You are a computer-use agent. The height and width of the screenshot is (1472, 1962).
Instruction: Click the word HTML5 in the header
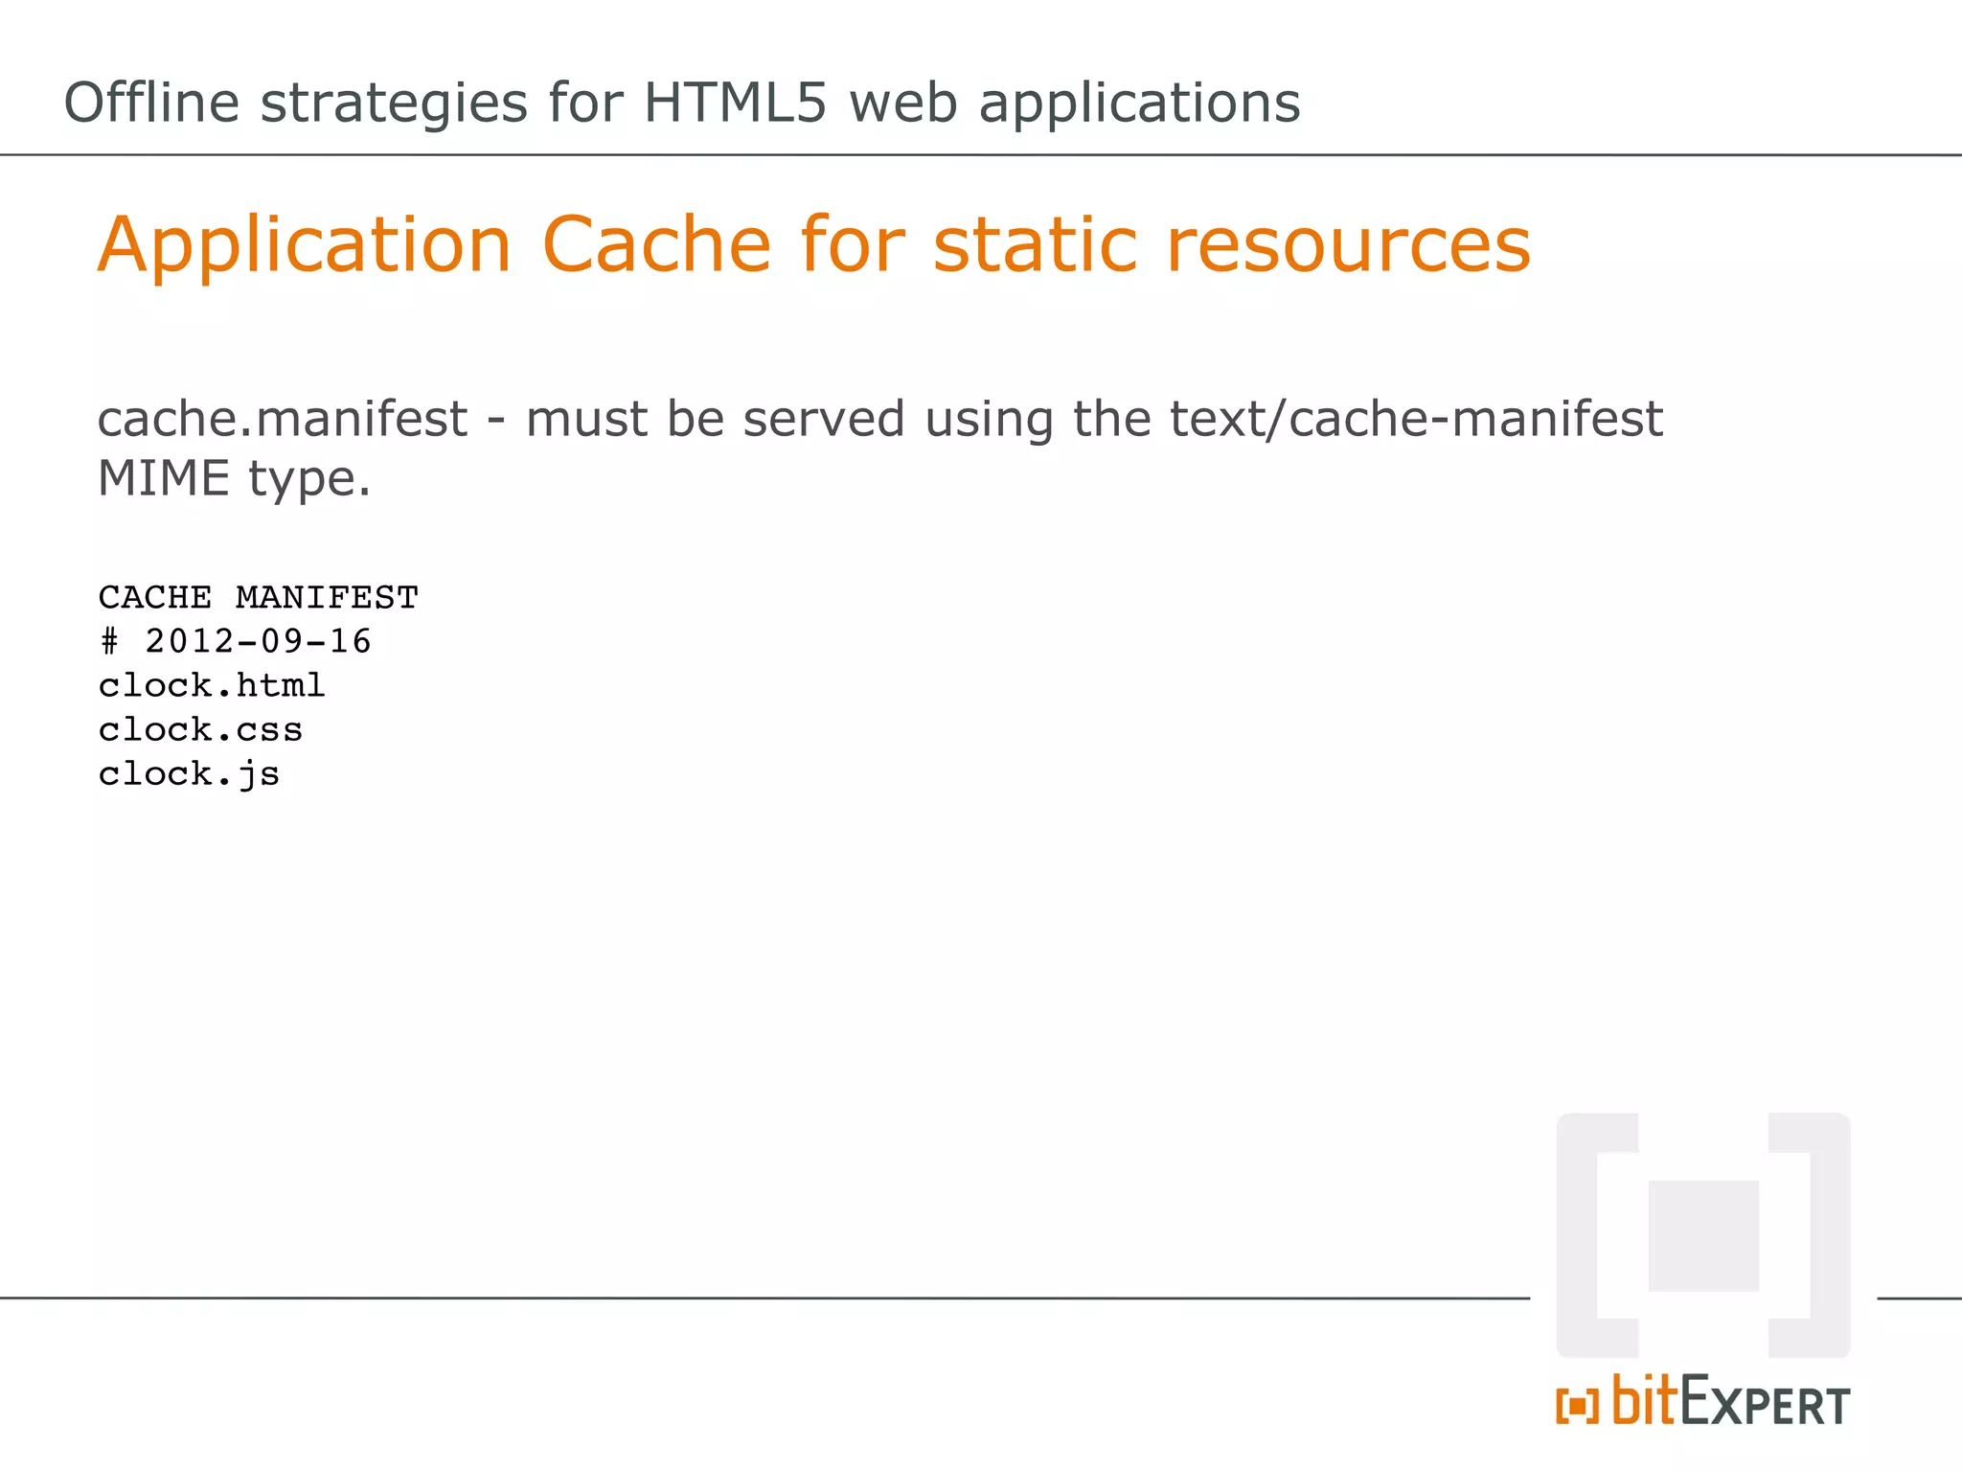tap(734, 103)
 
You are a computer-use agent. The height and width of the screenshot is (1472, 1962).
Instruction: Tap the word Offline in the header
tap(150, 103)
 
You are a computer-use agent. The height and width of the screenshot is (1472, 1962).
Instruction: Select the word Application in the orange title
tap(305, 245)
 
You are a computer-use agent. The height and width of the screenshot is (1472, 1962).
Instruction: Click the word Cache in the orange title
tap(656, 245)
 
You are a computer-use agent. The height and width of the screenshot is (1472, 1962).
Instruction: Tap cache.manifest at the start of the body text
tap(283, 419)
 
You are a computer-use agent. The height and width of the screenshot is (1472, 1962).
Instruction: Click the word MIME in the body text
tap(164, 478)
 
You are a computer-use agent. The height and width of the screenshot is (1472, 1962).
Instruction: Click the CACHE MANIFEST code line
tap(259, 598)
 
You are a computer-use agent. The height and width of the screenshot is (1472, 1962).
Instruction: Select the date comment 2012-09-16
tap(257, 641)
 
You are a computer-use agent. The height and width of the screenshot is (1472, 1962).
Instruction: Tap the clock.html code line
tap(212, 685)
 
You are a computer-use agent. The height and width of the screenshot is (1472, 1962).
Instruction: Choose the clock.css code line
tap(200, 730)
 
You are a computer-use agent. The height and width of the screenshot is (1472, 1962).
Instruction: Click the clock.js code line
tap(189, 774)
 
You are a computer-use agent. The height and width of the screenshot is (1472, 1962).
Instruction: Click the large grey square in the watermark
tap(1703, 1235)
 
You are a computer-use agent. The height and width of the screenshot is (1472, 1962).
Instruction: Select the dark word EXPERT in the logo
tap(1765, 1403)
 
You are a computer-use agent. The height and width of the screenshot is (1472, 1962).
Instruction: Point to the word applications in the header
tap(1139, 103)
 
